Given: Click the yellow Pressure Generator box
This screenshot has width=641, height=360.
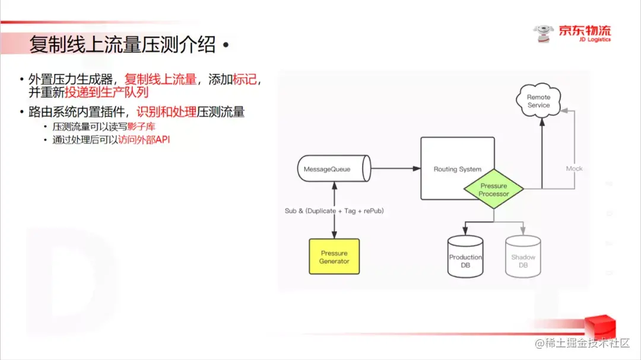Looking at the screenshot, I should click(x=334, y=256).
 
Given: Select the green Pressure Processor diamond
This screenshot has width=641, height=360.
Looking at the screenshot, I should click(x=494, y=190).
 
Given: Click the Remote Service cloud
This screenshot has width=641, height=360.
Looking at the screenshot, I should click(x=538, y=101).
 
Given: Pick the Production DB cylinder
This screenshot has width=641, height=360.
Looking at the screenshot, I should click(x=465, y=257).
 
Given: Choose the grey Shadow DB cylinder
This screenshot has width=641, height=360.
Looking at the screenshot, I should click(x=523, y=257).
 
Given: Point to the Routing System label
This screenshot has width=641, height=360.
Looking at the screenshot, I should click(x=457, y=170).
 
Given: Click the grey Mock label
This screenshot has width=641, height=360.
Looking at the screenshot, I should click(x=574, y=168).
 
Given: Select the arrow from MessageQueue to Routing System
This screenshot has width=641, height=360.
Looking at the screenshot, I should click(x=395, y=170).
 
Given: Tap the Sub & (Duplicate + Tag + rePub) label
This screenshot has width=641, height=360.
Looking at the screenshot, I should click(x=334, y=211).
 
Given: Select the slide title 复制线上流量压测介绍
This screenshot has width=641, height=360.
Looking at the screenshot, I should click(x=122, y=45).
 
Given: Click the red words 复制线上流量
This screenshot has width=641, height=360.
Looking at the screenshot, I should click(x=160, y=79).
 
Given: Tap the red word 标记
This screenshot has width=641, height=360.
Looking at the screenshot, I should click(x=245, y=79).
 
